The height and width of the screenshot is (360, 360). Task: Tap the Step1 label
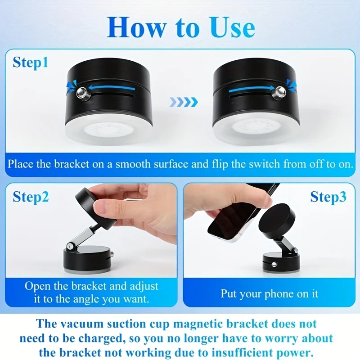click(31, 63)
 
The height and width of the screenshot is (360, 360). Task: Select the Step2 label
click(31, 197)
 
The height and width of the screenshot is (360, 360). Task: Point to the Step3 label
click(328, 197)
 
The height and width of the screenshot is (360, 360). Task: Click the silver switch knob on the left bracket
click(82, 93)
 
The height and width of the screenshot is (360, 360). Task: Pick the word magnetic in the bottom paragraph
click(201, 324)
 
